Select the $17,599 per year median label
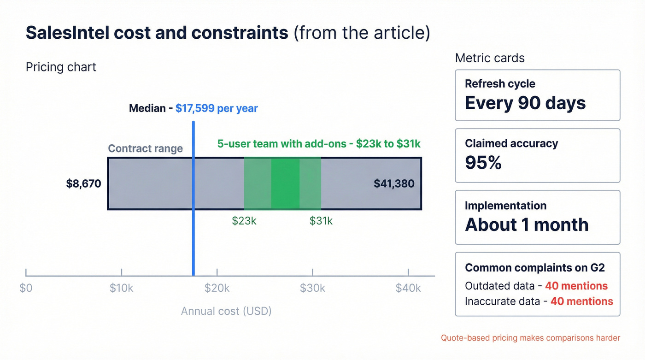pyautogui.click(x=217, y=109)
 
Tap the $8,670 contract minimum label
pyautogui.click(x=83, y=184)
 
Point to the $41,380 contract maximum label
pyautogui.click(x=394, y=184)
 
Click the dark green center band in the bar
pyautogui.click(x=285, y=183)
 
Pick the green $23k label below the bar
pyautogui.click(x=244, y=221)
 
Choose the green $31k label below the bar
pyautogui.click(x=321, y=221)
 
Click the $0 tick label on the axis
pyautogui.click(x=26, y=288)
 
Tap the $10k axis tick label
pyautogui.click(x=122, y=288)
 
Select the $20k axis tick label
pyautogui.click(x=217, y=288)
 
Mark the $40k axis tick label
pyautogui.click(x=408, y=288)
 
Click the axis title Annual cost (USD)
pyautogui.click(x=226, y=311)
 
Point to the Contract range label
pyautogui.click(x=145, y=148)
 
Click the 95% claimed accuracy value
pyautogui.click(x=483, y=163)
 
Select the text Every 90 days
pyautogui.click(x=525, y=102)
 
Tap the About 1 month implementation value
pyautogui.click(x=527, y=225)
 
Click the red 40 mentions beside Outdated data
pyautogui.click(x=576, y=286)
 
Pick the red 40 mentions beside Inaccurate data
pyautogui.click(x=582, y=301)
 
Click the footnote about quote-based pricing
pyautogui.click(x=530, y=338)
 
